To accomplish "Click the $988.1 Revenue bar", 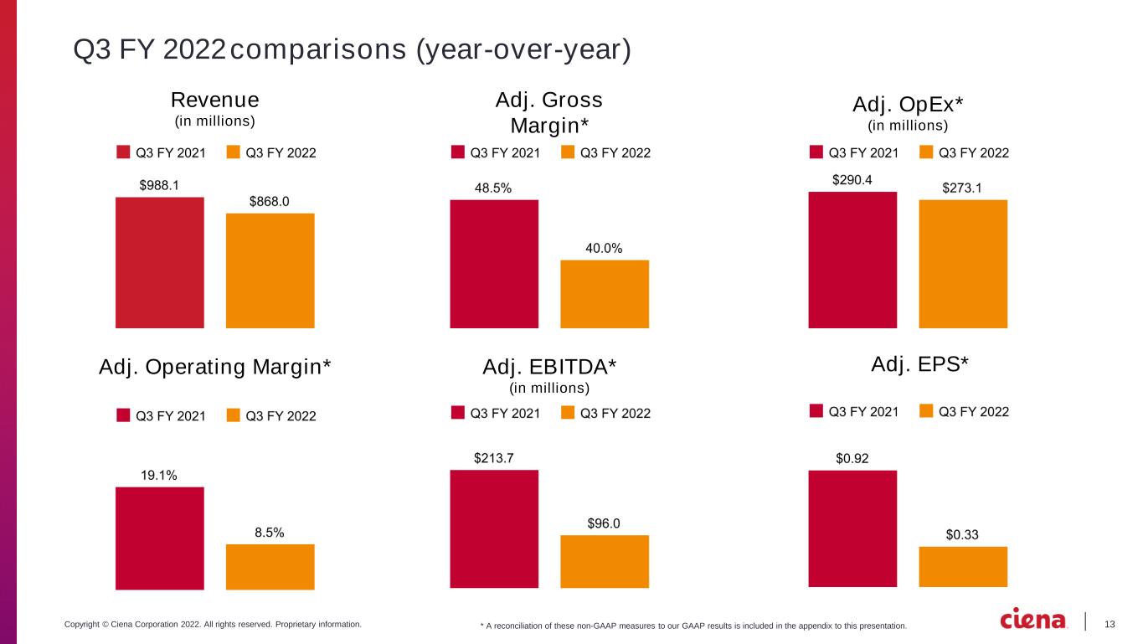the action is (160, 262).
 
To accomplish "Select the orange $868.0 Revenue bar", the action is (270, 270).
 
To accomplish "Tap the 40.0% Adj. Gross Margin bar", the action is (605, 294).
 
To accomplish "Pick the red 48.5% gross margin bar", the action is (494, 264).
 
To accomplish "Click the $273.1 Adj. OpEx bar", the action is (963, 264).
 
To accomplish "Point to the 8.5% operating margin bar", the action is (270, 567).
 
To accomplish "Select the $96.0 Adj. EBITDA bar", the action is (605, 561).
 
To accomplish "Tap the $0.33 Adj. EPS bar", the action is (963, 566).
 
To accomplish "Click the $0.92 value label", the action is (852, 458).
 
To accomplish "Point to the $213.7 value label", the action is (494, 458).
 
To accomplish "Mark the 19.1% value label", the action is (159, 475).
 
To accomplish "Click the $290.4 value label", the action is (852, 179).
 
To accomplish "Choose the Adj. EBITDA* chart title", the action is (549, 367).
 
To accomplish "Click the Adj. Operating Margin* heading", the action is (215, 367).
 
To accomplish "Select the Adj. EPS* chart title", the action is (919, 363).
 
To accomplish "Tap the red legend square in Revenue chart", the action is (123, 152).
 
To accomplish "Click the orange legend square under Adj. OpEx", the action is (926, 152).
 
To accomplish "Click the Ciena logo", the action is (1032, 619).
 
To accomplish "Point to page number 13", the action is (1110, 624).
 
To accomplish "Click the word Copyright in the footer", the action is (82, 624).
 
